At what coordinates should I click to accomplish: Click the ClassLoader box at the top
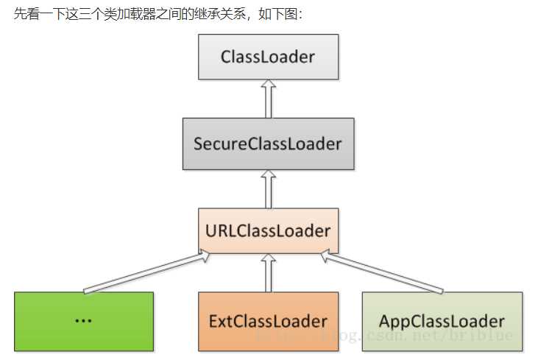pos(268,56)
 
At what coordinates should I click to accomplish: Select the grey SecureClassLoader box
pos(268,143)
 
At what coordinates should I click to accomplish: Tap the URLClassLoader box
pos(268,230)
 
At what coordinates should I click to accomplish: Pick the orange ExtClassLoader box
pos(268,321)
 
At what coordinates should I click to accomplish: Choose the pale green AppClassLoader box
pos(442,321)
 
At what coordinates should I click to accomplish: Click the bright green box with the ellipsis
pos(84,321)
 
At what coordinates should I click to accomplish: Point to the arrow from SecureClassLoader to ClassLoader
pos(268,99)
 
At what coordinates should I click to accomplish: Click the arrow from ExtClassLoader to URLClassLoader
pos(268,272)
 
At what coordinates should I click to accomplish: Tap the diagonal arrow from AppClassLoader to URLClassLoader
pos(383,272)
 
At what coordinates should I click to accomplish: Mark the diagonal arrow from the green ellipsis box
pos(144,272)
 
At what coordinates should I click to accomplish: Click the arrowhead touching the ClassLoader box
pos(268,85)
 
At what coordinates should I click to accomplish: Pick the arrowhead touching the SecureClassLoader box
pos(268,174)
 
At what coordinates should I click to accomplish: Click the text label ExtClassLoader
pos(268,321)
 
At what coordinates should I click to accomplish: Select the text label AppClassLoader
pos(442,321)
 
